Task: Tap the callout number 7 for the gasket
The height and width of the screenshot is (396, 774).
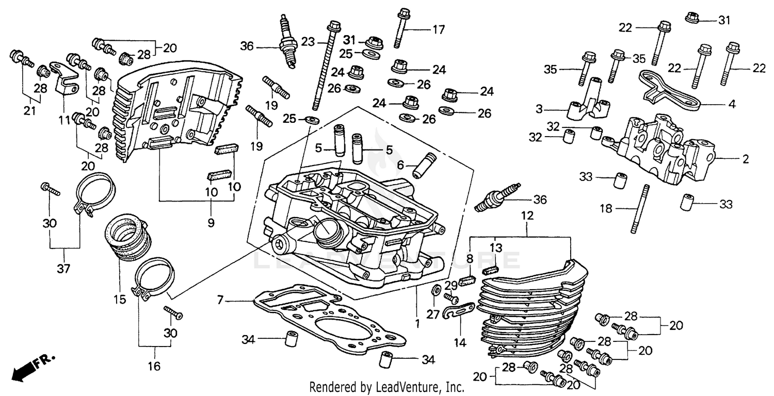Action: [220, 299]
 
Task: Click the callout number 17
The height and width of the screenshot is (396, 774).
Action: [438, 30]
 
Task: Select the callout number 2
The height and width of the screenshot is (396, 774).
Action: [745, 159]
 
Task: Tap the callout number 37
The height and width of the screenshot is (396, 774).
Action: [63, 268]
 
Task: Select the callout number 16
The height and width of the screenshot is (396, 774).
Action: [154, 366]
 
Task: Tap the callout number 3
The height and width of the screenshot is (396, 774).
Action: [540, 109]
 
